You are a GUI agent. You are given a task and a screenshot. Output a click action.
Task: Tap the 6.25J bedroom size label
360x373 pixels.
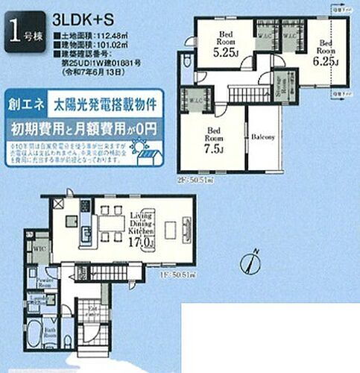click(x=326, y=61)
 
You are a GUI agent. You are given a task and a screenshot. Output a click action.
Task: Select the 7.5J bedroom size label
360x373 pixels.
click(x=212, y=147)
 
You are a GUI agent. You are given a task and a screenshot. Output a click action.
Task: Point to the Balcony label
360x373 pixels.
click(x=264, y=137)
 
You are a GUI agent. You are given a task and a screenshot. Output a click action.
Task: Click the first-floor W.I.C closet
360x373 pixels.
click(x=42, y=248)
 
